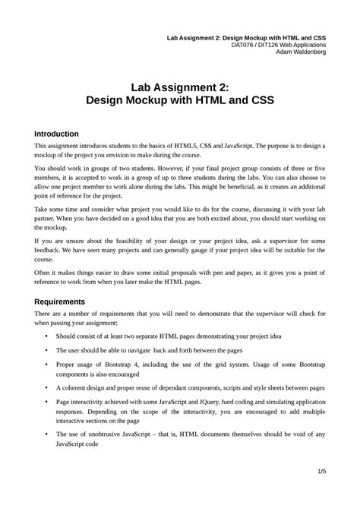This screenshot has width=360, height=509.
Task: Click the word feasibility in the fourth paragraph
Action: coord(125,239)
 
